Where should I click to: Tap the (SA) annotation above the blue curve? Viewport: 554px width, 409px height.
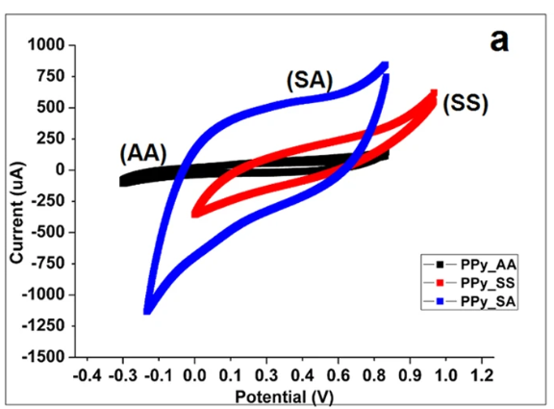pos(309,82)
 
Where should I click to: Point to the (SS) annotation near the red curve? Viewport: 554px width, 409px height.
pos(466,104)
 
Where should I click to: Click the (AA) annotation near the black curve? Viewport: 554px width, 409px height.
pos(143,152)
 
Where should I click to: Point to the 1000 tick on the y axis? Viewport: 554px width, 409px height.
pos(45,45)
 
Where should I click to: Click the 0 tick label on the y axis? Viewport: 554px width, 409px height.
pos(60,169)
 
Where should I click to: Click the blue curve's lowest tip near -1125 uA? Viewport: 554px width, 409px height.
pos(147,310)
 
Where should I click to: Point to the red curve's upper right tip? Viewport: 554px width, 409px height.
pos(434,93)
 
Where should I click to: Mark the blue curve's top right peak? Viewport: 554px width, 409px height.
pos(385,65)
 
